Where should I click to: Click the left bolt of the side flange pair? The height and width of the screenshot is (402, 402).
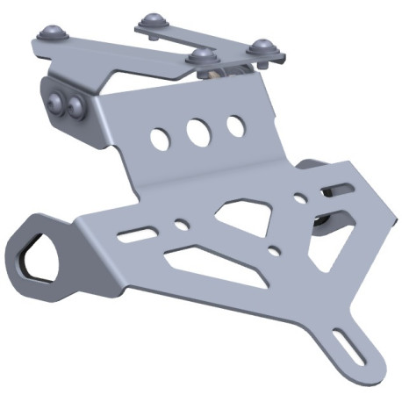pyautogui.click(x=60, y=101)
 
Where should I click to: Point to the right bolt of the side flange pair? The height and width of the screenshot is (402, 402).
pyautogui.click(x=76, y=108)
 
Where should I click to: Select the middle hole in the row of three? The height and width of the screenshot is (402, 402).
pyautogui.click(x=197, y=132)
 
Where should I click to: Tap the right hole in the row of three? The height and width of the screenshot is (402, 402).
pyautogui.click(x=235, y=126)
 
